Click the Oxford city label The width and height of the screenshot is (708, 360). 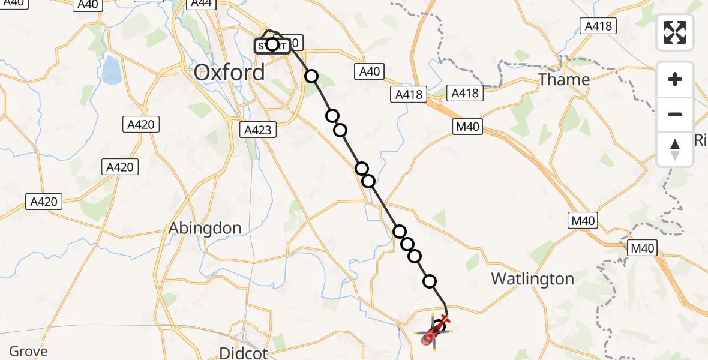coord(229,73)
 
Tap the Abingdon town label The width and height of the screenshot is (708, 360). coord(205,228)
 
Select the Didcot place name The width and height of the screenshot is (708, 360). coord(243,352)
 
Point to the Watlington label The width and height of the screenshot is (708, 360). coord(532,278)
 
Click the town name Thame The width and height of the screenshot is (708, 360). coord(563,79)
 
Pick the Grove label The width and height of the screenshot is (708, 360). coord(28,352)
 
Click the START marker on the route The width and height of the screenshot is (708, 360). coord(272,44)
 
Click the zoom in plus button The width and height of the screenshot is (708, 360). coord(675,79)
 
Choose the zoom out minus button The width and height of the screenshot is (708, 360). coord(675,114)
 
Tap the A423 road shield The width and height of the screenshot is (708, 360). coord(259,130)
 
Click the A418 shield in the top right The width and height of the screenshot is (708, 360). coord(598,25)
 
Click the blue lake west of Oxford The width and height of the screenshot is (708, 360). coord(111,70)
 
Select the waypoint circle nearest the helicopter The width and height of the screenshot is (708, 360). coord(430,281)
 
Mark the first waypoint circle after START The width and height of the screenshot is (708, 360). coord(311,76)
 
